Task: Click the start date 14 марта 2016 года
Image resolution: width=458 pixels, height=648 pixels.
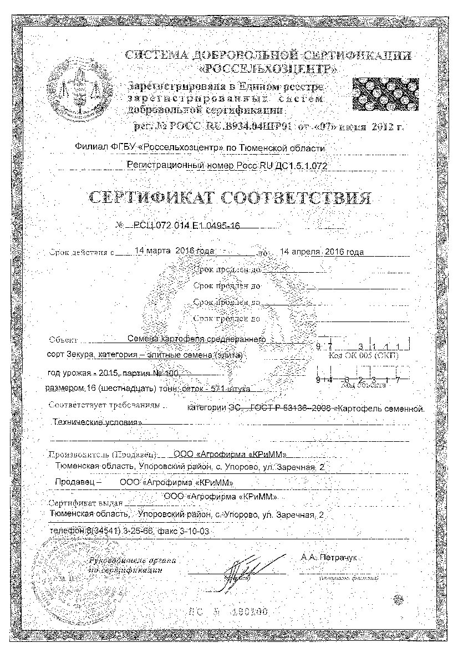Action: pos(174,251)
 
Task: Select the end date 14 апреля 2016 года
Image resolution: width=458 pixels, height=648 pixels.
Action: pos(322,252)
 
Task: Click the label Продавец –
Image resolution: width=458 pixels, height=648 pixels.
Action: pos(77,482)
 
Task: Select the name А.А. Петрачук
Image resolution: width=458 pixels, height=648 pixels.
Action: pos(331,556)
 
